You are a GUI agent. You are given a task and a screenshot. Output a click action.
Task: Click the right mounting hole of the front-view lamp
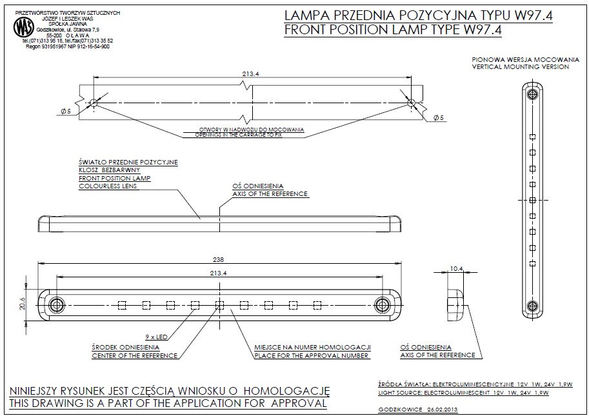pos(383,304)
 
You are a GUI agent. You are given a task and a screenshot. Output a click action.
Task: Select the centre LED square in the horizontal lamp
pos(219,304)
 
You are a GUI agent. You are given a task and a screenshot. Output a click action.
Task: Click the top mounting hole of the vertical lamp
pos(532,95)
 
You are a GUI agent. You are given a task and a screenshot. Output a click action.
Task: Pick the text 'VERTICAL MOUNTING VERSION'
pos(520,66)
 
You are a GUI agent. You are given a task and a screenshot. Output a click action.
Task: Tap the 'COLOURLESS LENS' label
pos(106,186)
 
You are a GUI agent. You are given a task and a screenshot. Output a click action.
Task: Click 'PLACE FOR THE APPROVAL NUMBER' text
pos(312,355)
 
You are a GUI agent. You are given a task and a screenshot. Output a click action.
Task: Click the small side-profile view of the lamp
pos(457,304)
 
